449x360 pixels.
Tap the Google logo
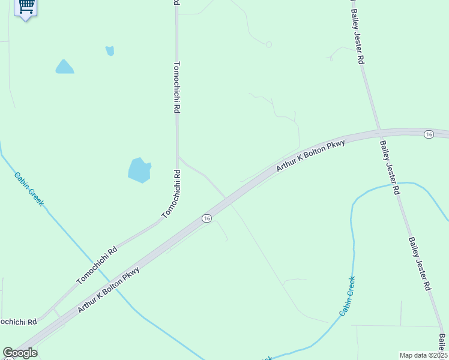click(20, 353)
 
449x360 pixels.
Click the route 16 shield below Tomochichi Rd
click(206, 218)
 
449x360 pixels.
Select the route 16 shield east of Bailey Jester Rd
click(428, 134)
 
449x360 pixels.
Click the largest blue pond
click(139, 170)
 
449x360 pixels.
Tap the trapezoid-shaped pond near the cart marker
click(64, 67)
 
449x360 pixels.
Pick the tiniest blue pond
click(110, 51)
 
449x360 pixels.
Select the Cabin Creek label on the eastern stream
click(348, 296)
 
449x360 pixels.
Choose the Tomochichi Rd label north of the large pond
click(177, 88)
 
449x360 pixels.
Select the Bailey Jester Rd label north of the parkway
click(358, 37)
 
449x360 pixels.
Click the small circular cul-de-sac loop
click(269, 44)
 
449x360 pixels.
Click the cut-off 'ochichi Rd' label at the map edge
click(18, 322)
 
